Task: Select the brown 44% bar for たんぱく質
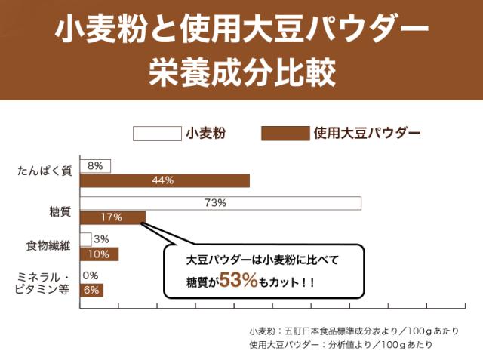pyautogui.click(x=164, y=180)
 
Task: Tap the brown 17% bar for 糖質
pyautogui.click(x=112, y=217)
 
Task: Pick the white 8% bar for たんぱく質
pyautogui.click(x=95, y=165)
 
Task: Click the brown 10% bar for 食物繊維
pyautogui.click(x=98, y=254)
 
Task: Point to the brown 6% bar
pyautogui.click(x=91, y=291)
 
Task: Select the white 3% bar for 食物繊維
pyautogui.click(x=85, y=239)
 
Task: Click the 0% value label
pyautogui.click(x=91, y=275)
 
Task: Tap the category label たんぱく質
pyautogui.click(x=45, y=171)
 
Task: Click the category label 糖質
pyautogui.click(x=60, y=211)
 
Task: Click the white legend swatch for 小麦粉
pyautogui.click(x=157, y=134)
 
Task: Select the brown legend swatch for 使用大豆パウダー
pyautogui.click(x=285, y=134)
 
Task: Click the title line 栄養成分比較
pyautogui.click(x=241, y=72)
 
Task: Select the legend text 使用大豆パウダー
pyautogui.click(x=366, y=134)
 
